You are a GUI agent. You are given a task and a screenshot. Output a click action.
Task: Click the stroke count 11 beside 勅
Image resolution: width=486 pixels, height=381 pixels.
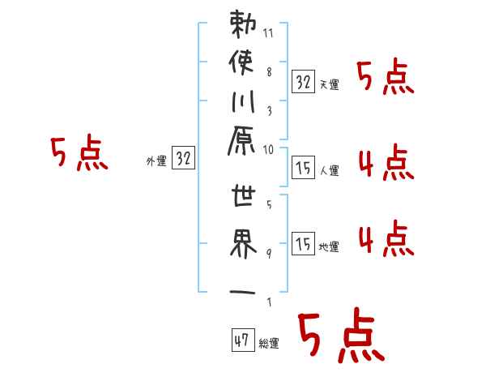tap(269, 35)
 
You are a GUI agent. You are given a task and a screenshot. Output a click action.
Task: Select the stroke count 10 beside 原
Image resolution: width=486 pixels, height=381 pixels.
tap(269, 149)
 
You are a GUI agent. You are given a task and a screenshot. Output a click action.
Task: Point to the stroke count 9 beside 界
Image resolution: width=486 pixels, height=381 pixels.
tap(269, 253)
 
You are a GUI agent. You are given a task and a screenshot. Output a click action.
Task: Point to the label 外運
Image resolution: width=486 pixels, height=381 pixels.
tap(156, 161)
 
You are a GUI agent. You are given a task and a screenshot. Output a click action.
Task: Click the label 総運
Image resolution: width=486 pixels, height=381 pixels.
tap(269, 344)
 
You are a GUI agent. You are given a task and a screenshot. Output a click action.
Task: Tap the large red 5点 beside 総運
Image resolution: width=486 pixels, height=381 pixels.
tap(340, 336)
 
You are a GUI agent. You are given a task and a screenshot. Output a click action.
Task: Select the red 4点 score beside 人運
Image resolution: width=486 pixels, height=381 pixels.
tap(385, 164)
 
